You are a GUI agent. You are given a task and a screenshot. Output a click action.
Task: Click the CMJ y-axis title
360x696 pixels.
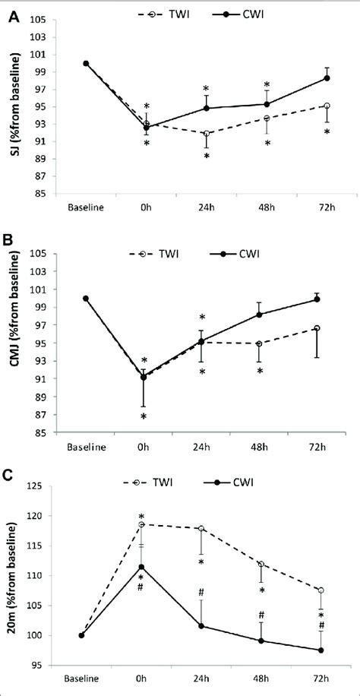click(x=14, y=340)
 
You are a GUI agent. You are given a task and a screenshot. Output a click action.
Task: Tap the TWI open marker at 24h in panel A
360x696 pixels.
click(x=207, y=134)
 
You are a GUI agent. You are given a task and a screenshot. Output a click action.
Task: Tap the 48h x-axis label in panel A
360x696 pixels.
click(x=267, y=206)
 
